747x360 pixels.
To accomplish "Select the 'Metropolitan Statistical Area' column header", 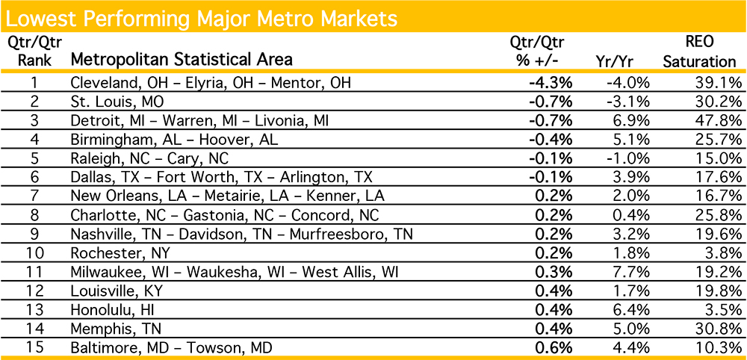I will click(x=182, y=59).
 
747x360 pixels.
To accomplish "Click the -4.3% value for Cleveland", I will click(x=553, y=82).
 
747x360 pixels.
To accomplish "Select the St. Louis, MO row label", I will click(x=113, y=101).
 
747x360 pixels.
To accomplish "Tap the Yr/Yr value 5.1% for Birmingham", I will click(x=632, y=139).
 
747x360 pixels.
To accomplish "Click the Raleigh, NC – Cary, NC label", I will click(x=149, y=158).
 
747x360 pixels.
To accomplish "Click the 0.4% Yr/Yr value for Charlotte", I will click(x=632, y=214).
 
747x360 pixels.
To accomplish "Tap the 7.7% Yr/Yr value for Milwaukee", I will click(x=632, y=271).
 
